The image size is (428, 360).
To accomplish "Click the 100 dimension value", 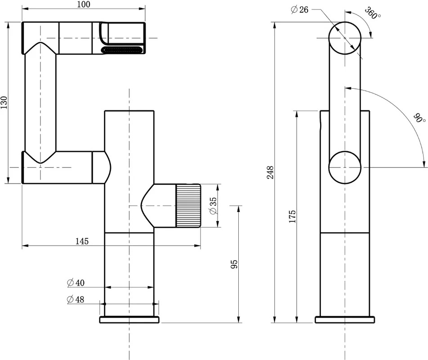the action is coord(84,4).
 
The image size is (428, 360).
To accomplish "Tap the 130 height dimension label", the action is coord(4,103).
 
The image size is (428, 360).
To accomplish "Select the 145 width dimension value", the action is coord(82,241).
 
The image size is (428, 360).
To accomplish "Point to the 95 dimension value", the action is coord(234,264).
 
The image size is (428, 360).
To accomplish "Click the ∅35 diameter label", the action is coord(213,206).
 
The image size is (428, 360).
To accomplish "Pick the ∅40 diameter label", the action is coord(76,283).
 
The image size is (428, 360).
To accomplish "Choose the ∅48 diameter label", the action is coord(76,299).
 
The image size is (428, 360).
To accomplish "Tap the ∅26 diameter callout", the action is coord(299,10).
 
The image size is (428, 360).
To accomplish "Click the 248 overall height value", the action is coord(270,172).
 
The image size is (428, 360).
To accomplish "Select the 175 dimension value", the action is coord(292,216).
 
